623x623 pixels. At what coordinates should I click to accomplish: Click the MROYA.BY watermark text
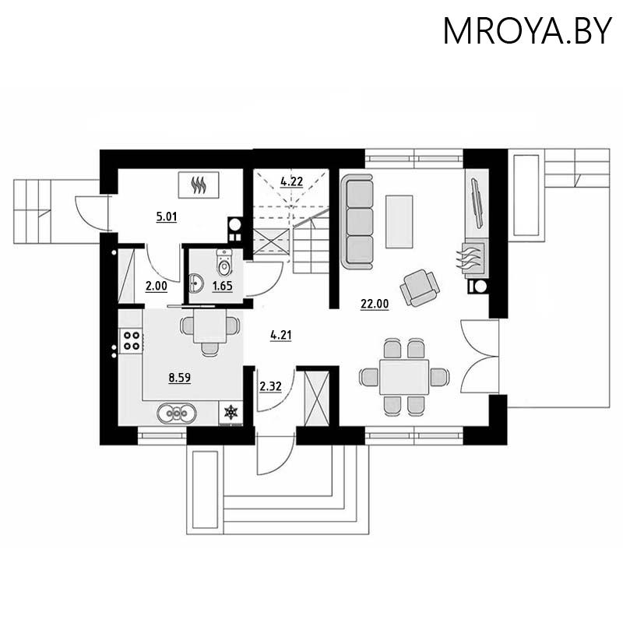pos(527,30)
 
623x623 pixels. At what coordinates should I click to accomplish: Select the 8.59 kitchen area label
pos(180,378)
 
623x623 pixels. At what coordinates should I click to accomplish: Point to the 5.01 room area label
pos(167,217)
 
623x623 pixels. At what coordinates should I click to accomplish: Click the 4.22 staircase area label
pos(292,181)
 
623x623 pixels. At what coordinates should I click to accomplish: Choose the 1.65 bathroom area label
pos(223,286)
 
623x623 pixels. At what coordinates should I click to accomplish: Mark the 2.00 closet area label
pos(157,286)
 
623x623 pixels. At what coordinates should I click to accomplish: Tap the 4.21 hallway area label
pos(280,336)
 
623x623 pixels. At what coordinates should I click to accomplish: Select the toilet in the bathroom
pos(224,265)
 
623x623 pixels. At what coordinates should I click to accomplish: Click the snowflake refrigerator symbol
pos(231,412)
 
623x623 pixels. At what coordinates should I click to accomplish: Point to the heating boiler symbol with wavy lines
pos(202,185)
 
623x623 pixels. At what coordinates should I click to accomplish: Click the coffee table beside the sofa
pos(400,220)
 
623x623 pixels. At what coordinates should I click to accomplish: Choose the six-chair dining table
pos(405,377)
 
